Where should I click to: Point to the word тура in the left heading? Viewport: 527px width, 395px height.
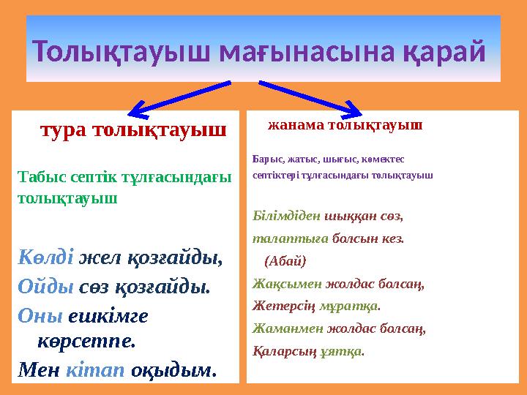[x=64, y=130]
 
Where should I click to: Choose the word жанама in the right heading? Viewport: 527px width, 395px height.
[x=296, y=124]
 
